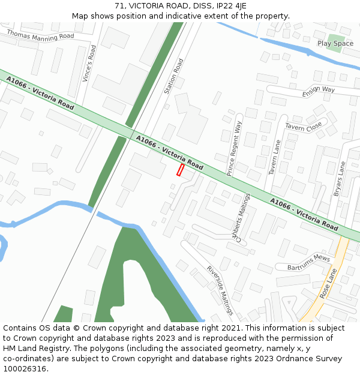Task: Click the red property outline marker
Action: click(180, 170)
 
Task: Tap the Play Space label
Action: click(335, 44)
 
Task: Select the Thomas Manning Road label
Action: click(40, 35)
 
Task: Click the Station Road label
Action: click(173, 76)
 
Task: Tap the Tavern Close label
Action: click(304, 127)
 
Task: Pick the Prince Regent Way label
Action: click(234, 148)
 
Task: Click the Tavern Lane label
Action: click(275, 157)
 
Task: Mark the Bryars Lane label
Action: click(340, 179)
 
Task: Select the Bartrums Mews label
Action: click(309, 262)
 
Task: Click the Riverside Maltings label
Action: click(220, 290)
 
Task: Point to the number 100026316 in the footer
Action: click(26, 368)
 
